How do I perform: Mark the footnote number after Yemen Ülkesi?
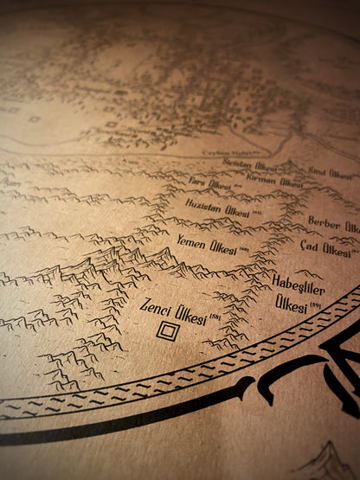[243, 250]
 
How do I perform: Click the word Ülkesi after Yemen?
[222, 246]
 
